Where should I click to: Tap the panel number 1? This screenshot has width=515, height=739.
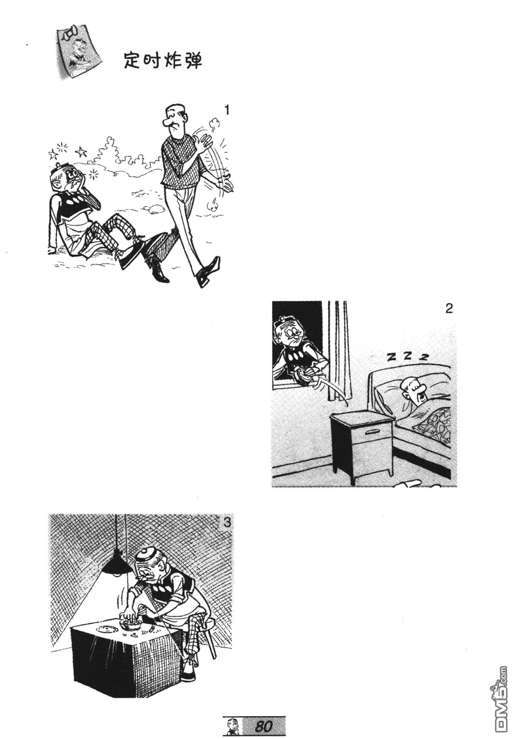[226, 110]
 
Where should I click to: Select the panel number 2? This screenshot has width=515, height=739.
[449, 309]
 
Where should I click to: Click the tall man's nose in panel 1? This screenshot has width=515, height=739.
[167, 123]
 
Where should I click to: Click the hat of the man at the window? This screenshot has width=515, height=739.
[283, 320]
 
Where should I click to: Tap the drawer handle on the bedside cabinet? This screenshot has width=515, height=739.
[374, 431]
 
